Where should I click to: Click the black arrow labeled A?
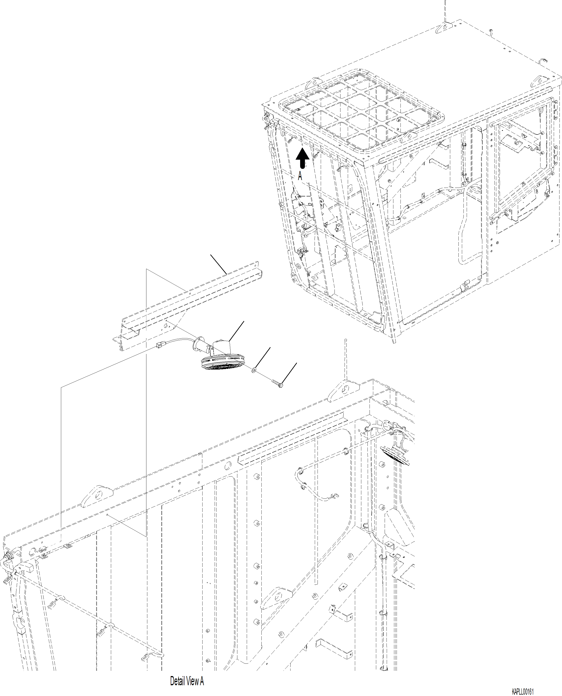[x=302, y=158]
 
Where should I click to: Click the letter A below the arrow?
[x=300, y=176]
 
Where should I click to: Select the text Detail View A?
[x=187, y=681]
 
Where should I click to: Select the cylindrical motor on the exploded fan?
[x=221, y=347]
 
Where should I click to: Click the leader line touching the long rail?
[x=219, y=264]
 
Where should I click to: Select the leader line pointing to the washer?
[x=263, y=358]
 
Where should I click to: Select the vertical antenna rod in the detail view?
[x=346, y=359]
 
